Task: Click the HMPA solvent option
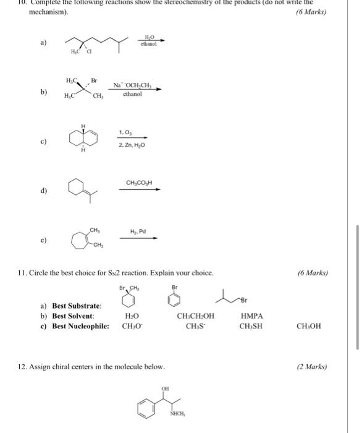pyautogui.click(x=251, y=316)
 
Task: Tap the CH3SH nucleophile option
pyautogui.click(x=251, y=326)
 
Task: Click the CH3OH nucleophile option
pyautogui.click(x=309, y=326)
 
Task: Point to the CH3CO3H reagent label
pyautogui.click(x=139, y=182)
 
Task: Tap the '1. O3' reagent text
pyautogui.click(x=125, y=132)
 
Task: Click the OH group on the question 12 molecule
pyautogui.click(x=165, y=389)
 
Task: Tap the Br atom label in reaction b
pyautogui.click(x=94, y=80)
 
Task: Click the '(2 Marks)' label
pyautogui.click(x=312, y=367)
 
